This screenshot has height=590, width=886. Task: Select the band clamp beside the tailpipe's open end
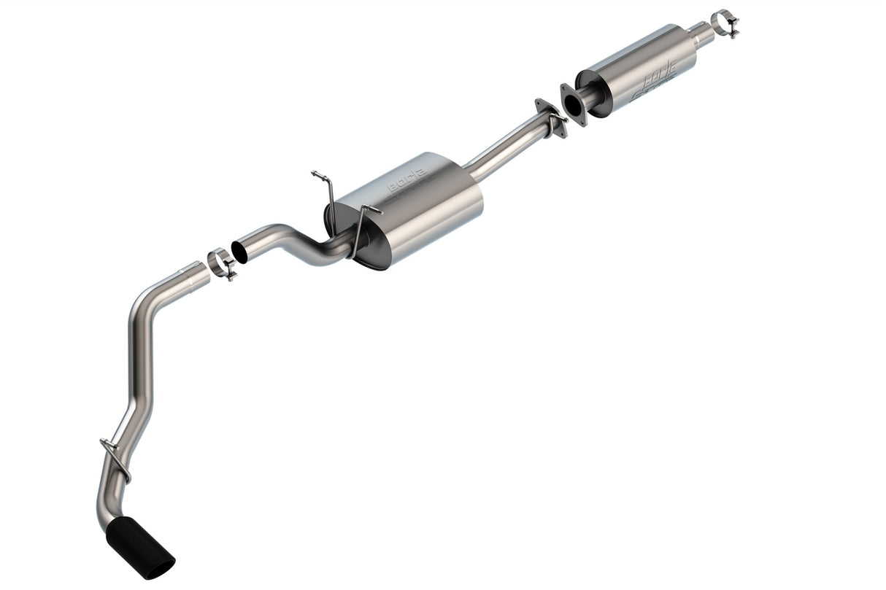[221, 263]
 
